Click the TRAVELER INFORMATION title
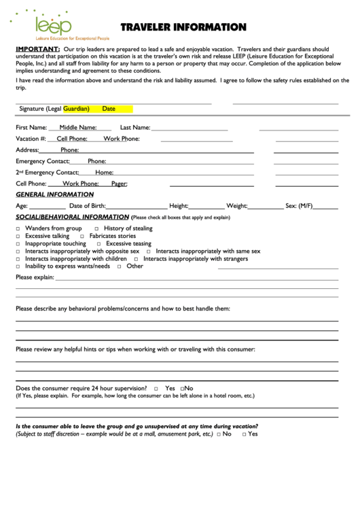click(x=183, y=27)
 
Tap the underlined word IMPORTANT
click(x=37, y=50)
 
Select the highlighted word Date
click(x=109, y=109)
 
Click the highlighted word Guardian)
click(x=76, y=109)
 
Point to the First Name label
click(x=31, y=127)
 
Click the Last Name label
click(x=135, y=127)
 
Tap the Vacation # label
click(x=31, y=139)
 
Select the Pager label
click(x=119, y=183)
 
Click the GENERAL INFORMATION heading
click(x=54, y=194)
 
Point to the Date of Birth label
click(x=88, y=205)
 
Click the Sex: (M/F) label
click(x=300, y=205)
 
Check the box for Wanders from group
click(x=18, y=229)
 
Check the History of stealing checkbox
click(x=96, y=229)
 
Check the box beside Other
click(x=119, y=266)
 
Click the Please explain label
click(x=35, y=277)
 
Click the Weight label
click(x=237, y=205)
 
